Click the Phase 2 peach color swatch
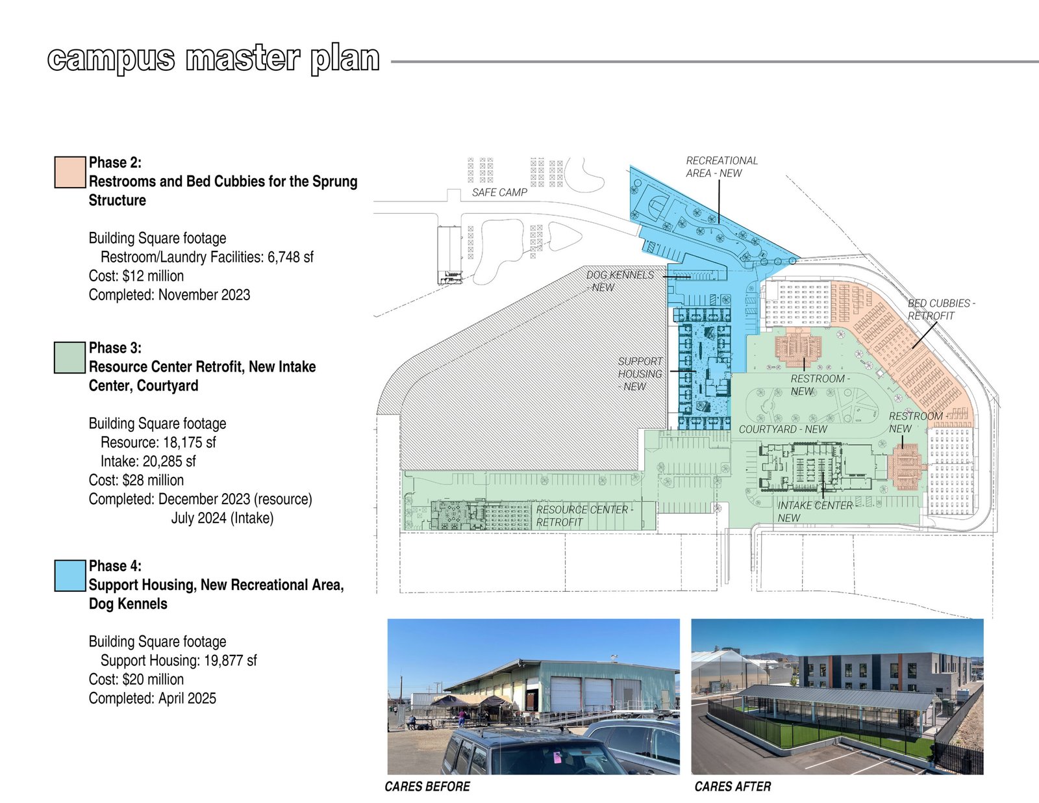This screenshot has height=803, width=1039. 70,172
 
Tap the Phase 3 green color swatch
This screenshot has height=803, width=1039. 70,357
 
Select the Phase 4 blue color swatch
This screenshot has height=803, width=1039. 70,576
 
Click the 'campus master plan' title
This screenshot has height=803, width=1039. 214,59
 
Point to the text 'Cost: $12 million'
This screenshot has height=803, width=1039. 136,276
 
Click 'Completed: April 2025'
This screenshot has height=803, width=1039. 153,698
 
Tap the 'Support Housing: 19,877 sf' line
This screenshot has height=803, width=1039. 179,661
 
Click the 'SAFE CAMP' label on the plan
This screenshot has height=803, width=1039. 499,192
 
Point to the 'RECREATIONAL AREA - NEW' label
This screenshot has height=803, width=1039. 722,167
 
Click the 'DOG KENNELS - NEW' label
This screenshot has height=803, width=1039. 620,281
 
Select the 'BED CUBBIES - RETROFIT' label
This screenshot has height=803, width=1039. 942,309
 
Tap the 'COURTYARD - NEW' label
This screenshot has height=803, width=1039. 783,429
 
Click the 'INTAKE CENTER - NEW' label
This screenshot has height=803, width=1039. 815,512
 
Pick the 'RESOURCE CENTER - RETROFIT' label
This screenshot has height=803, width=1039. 584,516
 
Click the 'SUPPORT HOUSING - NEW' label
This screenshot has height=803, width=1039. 640,374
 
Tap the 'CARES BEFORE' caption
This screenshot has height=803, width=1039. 427,786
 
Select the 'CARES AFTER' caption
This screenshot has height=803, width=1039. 732,786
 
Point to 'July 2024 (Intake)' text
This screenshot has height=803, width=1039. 222,518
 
